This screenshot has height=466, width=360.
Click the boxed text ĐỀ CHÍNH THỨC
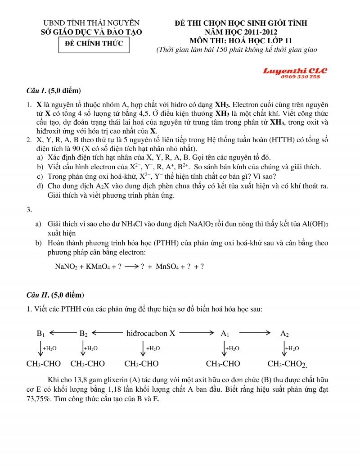(x=94, y=44)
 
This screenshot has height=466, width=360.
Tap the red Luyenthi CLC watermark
(x=295, y=71)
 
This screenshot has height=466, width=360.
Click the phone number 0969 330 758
(x=300, y=77)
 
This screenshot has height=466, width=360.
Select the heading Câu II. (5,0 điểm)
(x=55, y=295)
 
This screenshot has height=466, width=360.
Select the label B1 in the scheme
(x=41, y=334)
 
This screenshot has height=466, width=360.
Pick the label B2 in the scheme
(x=84, y=334)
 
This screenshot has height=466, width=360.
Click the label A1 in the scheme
(x=225, y=334)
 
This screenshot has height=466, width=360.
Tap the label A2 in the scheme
(x=284, y=334)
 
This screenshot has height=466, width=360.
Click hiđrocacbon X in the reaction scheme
(x=151, y=334)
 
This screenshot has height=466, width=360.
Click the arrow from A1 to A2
(x=255, y=333)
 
